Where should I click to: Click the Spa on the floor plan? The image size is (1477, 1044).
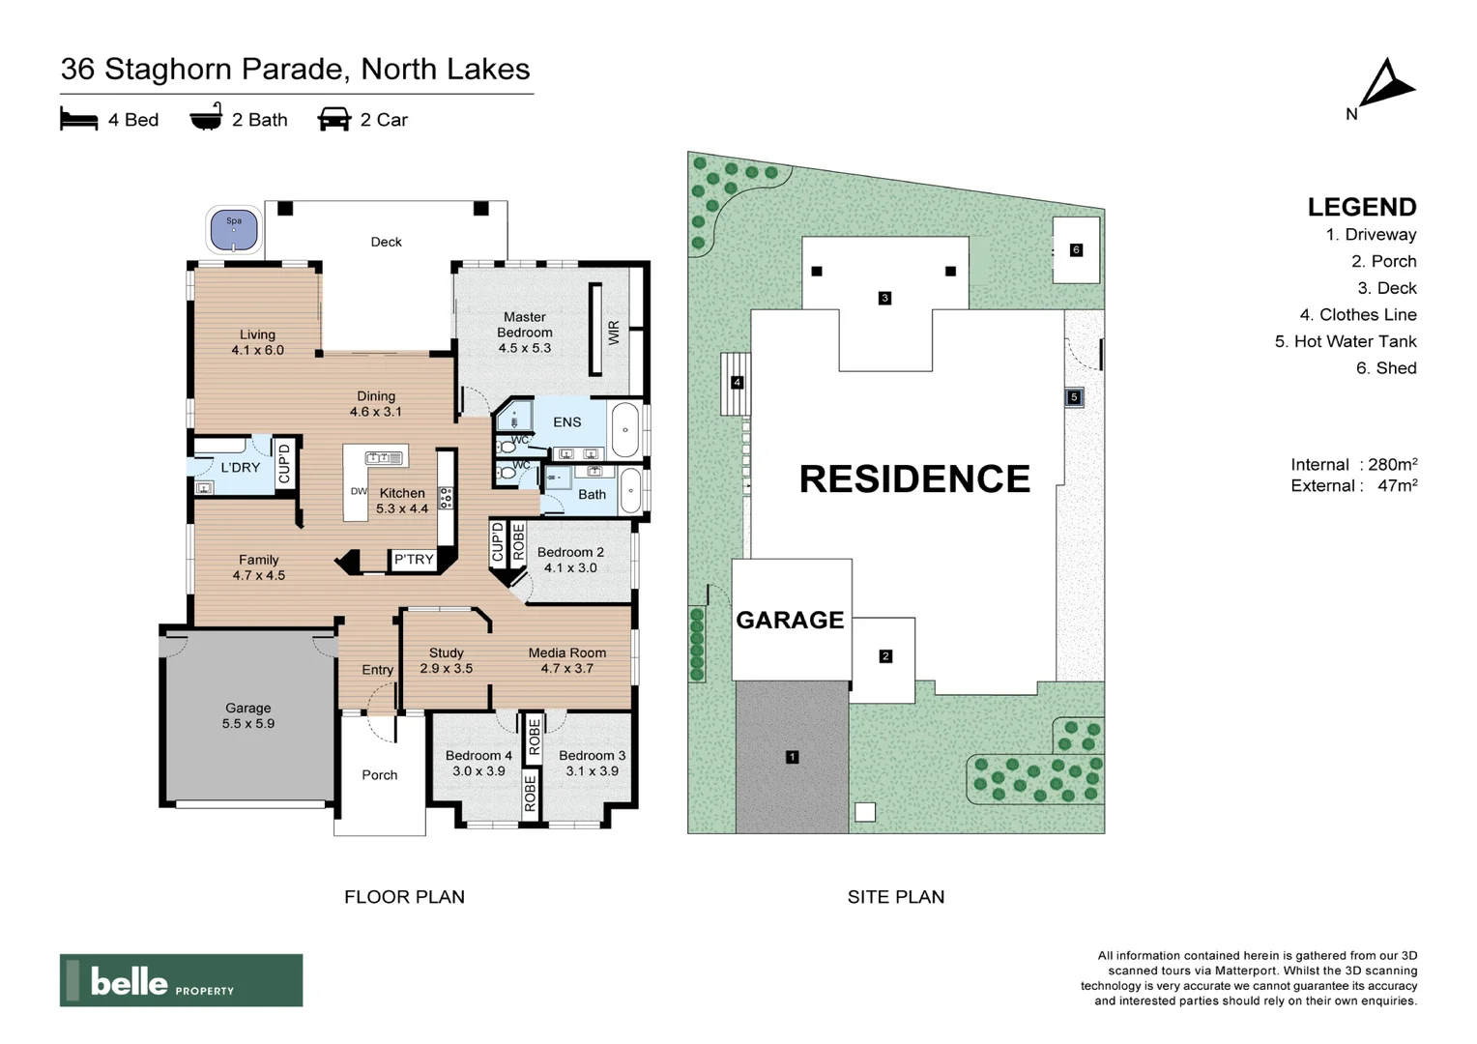(x=234, y=230)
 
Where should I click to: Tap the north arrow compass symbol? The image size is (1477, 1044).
(x=1386, y=85)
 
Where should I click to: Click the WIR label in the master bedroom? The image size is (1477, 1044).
(x=613, y=333)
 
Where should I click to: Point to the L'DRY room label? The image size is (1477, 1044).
(x=240, y=467)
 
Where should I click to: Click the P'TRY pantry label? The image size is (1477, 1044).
(x=414, y=559)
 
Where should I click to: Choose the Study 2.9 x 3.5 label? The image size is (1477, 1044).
(x=446, y=660)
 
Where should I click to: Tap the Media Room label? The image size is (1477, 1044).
(x=566, y=660)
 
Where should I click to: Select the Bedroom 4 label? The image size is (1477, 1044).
(x=478, y=763)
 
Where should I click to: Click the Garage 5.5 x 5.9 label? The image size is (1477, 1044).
(x=248, y=715)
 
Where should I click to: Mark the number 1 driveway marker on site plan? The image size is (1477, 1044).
(x=792, y=757)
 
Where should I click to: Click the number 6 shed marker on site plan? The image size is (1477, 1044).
(x=1076, y=249)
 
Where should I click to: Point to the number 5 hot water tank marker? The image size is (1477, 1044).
(x=1073, y=396)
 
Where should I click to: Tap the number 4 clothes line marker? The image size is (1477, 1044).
(x=737, y=383)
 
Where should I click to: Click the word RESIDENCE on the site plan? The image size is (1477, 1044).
(x=913, y=479)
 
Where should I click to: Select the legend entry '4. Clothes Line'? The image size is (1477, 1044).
(x=1357, y=314)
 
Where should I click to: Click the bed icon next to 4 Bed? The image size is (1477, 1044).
(x=79, y=120)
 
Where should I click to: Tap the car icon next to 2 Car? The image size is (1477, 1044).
(x=333, y=120)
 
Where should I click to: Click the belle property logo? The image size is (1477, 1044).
(x=181, y=980)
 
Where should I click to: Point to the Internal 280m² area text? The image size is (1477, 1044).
(x=1353, y=464)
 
